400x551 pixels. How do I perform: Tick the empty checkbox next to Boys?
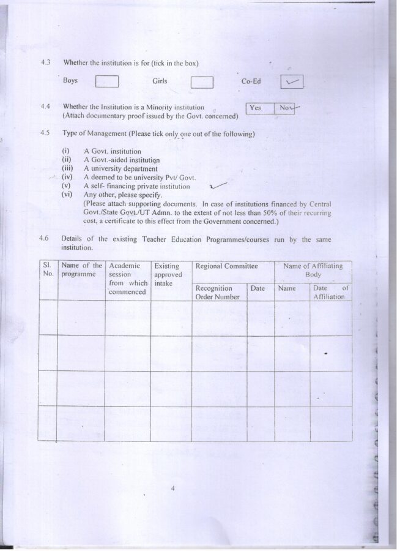point(107,82)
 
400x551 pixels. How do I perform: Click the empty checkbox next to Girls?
point(202,82)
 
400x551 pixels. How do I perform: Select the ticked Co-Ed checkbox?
point(292,81)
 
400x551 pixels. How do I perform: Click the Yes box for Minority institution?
point(256,108)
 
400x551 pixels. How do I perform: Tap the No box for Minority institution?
point(285,108)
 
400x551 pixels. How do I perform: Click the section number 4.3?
point(45,62)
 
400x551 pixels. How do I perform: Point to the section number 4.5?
point(45,133)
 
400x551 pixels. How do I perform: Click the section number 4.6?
point(45,239)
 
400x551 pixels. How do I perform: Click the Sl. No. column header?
point(47,270)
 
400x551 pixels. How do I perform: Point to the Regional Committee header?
point(226,266)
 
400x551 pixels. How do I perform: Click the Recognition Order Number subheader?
point(216,292)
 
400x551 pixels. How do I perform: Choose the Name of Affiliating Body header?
point(313,270)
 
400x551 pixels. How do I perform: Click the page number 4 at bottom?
point(174,489)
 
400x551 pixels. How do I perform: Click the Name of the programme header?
point(82,270)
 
